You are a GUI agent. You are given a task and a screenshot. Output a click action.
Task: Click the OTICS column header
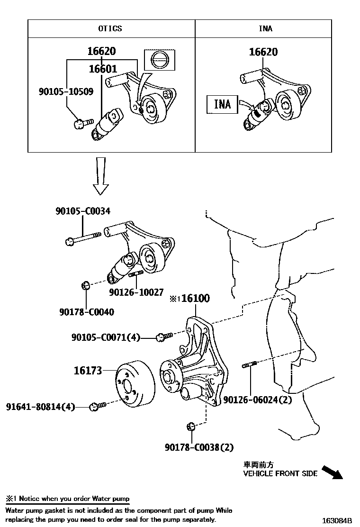coord(110,28)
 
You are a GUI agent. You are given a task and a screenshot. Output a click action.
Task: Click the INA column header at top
coord(265,28)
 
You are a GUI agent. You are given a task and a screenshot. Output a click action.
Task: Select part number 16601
coord(103,69)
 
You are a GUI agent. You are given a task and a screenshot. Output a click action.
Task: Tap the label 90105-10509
coord(66,91)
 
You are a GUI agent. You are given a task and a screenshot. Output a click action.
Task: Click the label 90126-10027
coord(136,293)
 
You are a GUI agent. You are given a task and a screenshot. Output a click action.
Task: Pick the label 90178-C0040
coord(87,312)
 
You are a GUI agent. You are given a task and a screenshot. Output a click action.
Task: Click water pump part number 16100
coord(195,298)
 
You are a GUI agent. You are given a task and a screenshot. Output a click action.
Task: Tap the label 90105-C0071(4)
coord(106,337)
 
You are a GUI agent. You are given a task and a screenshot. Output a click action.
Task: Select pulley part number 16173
coord(88,371)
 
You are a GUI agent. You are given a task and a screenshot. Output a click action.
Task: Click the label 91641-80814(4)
coord(41,407)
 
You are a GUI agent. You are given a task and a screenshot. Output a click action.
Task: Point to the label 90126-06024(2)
coord(257,400)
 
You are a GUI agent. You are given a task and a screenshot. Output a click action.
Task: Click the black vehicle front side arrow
coord(332,472)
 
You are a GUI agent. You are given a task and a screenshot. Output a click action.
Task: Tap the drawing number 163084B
coord(337,520)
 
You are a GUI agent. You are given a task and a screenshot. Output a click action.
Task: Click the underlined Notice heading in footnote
coord(67,499)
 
